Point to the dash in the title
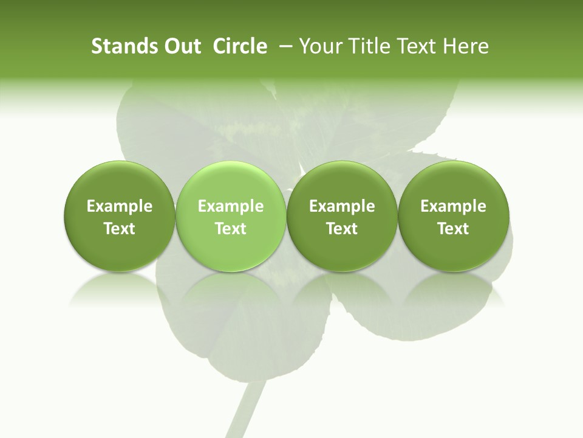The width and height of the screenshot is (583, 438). tap(283, 46)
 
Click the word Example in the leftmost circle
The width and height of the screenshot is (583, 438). tap(119, 206)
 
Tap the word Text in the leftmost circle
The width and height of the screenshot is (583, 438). tap(119, 229)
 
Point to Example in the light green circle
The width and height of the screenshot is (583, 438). tap(230, 206)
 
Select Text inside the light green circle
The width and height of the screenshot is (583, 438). tap(230, 229)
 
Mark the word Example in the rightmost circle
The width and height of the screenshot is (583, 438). tap(453, 206)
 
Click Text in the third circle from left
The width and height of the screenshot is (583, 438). tap(342, 229)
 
